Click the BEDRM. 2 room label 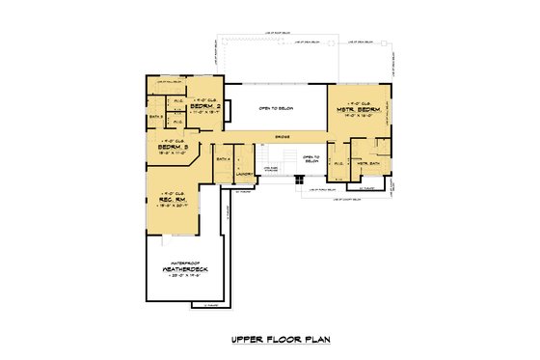(x=206, y=105)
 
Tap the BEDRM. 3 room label (x=172, y=146)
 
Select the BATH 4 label (x=223, y=157)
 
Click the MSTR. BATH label (x=367, y=163)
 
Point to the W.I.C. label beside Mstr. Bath (x=337, y=164)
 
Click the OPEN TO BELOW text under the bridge (x=310, y=158)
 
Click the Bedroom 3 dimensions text (x=172, y=152)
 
